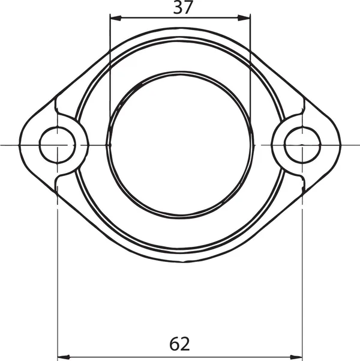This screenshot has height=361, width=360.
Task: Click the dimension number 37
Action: (182, 7)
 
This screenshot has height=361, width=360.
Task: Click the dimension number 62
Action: (179, 344)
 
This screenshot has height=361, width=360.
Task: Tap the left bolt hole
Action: (58, 145)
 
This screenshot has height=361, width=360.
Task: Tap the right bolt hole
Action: (302, 145)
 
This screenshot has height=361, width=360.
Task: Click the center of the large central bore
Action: (180, 145)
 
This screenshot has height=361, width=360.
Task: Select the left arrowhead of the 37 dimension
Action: (116, 18)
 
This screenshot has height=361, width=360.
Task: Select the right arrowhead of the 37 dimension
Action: (244, 18)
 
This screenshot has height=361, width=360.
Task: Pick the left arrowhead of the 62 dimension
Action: (63, 357)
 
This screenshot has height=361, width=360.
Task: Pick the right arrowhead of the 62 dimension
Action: (296, 357)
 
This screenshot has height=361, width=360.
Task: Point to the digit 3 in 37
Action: (178, 7)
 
